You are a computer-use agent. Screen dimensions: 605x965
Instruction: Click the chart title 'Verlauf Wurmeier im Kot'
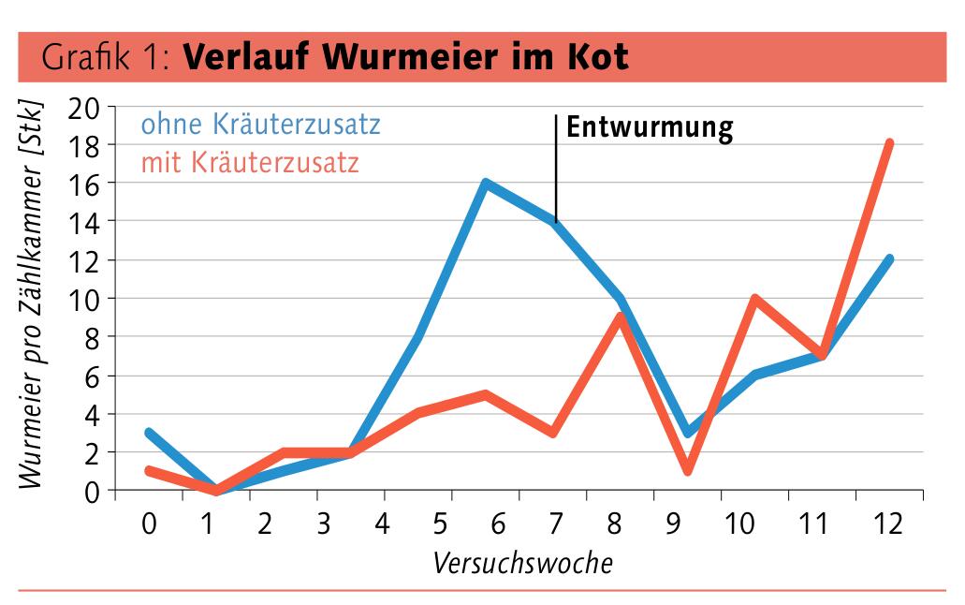pyautogui.click(x=405, y=57)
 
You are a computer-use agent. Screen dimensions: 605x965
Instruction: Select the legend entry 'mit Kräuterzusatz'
pyautogui.click(x=250, y=163)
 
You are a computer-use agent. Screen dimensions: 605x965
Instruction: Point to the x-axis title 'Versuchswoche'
pyautogui.click(x=523, y=564)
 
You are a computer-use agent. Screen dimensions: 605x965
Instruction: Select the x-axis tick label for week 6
pyautogui.click(x=501, y=524)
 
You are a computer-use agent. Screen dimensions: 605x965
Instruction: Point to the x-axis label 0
pyautogui.click(x=149, y=524)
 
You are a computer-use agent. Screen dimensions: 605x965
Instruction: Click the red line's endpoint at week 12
pyautogui.click(x=888, y=143)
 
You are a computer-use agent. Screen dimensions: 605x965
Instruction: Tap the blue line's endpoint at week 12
pyautogui.click(x=888, y=259)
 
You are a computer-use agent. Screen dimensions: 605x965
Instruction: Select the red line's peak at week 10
pyautogui.click(x=754, y=299)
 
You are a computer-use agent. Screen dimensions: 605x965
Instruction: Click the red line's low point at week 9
pyautogui.click(x=688, y=470)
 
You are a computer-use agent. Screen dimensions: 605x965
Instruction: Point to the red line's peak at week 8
pyautogui.click(x=621, y=317)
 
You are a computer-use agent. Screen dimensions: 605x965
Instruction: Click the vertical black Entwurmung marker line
pyautogui.click(x=556, y=169)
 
